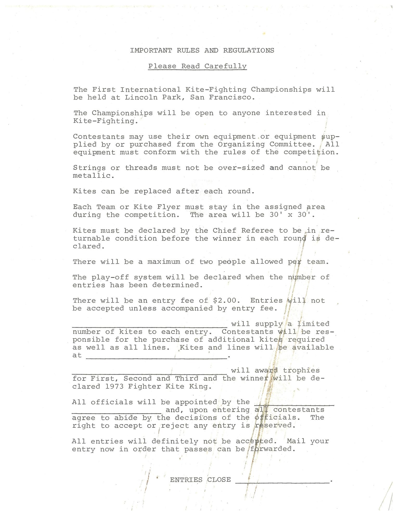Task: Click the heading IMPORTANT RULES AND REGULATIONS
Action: pos(202,50)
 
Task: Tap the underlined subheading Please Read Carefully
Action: pos(197,66)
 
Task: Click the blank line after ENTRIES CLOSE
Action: pos(282,483)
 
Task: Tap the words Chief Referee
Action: pos(243,230)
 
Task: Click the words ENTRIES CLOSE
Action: pos(200,480)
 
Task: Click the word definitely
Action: pos(175,441)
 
